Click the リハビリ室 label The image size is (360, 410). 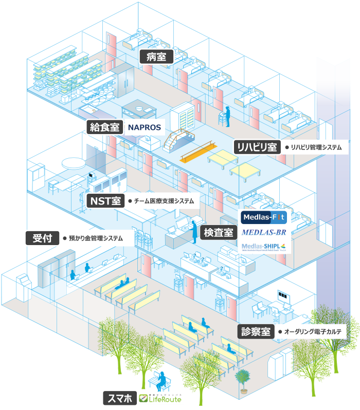point(256,147)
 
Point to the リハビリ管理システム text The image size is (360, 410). point(316,147)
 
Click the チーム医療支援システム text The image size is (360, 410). point(164,201)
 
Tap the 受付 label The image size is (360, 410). point(41,238)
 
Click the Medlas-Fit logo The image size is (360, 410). point(264,217)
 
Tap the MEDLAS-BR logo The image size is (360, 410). point(264,232)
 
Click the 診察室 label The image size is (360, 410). point(256,331)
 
